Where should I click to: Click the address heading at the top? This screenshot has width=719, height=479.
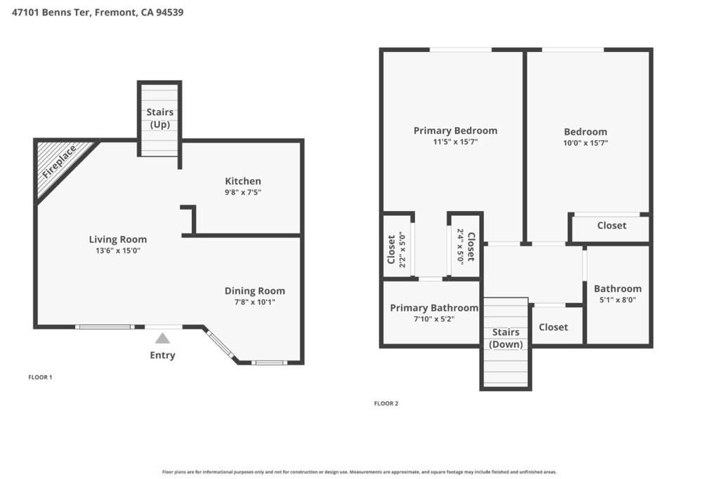click(x=98, y=12)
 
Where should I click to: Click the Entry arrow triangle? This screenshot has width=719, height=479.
click(x=162, y=339)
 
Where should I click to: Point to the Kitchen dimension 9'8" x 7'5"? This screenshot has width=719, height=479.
click(x=243, y=192)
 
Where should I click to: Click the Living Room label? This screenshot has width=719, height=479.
click(x=118, y=239)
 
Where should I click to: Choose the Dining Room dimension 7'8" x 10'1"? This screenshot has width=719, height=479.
click(x=255, y=302)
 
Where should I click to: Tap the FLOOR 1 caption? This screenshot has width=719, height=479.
click(x=40, y=377)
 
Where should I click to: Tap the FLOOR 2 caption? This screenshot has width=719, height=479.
click(x=386, y=403)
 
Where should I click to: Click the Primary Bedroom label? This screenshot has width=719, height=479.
click(x=455, y=130)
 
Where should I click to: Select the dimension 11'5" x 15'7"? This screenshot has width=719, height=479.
click(x=455, y=142)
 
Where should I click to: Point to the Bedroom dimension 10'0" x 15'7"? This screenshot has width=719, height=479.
click(x=586, y=143)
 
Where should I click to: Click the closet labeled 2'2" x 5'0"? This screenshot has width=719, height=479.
click(x=396, y=250)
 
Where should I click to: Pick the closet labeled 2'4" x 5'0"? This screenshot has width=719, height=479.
click(x=466, y=246)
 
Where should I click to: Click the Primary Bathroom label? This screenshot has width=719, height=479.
click(x=434, y=308)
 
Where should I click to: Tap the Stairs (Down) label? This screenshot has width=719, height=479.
click(x=506, y=338)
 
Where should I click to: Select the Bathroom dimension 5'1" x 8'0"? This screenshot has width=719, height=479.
click(x=617, y=299)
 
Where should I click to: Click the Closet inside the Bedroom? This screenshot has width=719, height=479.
click(x=612, y=225)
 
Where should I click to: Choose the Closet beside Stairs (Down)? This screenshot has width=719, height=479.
click(x=553, y=327)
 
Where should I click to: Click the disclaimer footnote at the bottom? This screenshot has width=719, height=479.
click(x=359, y=472)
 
